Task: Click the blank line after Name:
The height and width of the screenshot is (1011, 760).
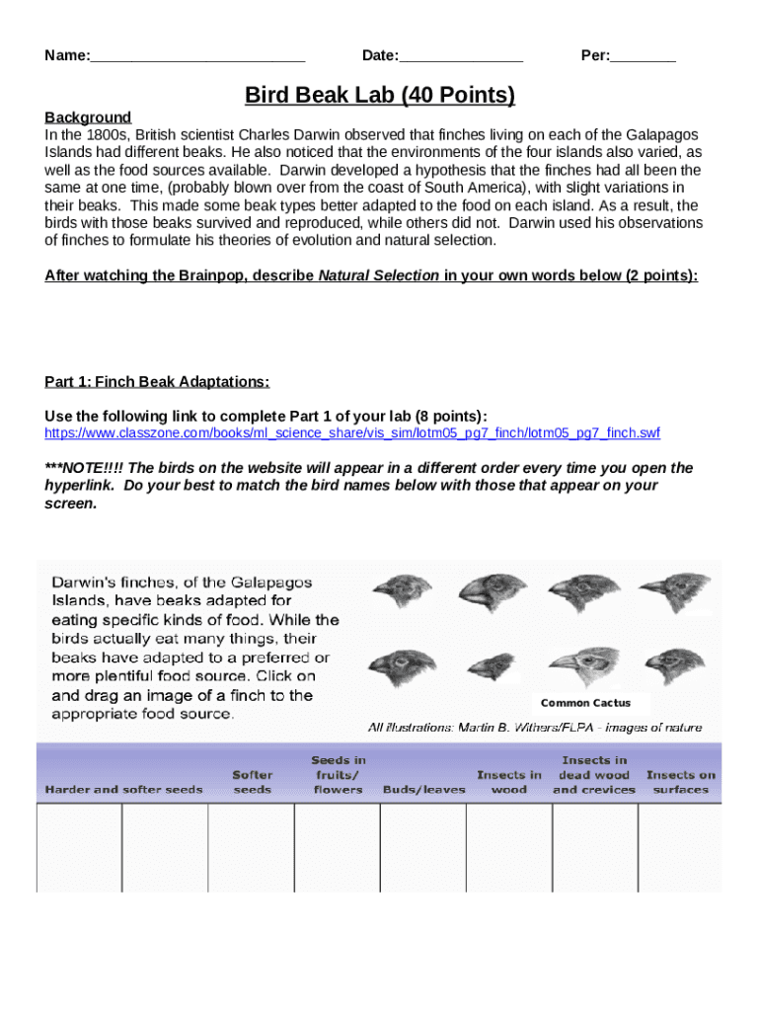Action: tap(197, 56)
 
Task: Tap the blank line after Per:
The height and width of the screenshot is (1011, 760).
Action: tap(643, 56)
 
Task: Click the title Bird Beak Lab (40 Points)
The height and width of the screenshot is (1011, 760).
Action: tap(380, 96)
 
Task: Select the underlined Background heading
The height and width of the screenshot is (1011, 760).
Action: tap(88, 117)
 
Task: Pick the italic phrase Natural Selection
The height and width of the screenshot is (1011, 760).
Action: tap(378, 275)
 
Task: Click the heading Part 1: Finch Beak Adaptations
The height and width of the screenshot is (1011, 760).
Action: tap(157, 382)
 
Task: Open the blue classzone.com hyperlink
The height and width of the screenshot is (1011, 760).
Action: tap(352, 433)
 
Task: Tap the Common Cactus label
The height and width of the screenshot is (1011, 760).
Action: tap(585, 703)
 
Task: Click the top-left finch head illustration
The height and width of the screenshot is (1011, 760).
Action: tap(403, 592)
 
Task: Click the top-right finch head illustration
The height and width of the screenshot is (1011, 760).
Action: tap(674, 592)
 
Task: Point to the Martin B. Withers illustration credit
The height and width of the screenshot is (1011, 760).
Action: tap(535, 728)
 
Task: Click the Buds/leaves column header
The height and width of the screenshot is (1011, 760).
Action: tap(423, 790)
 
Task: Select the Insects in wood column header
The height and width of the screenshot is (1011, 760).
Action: tap(508, 782)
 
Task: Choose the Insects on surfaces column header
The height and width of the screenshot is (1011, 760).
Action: tap(680, 782)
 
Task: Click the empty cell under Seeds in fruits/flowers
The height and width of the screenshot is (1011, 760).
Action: tap(338, 847)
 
